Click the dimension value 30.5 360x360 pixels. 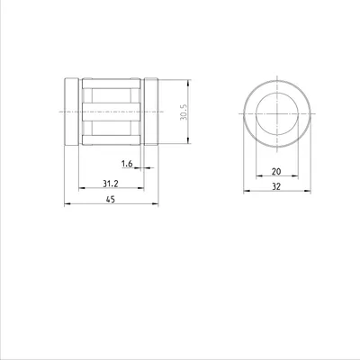click(x=184, y=112)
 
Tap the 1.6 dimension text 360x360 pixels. click(x=127, y=164)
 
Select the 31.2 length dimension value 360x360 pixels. click(x=111, y=184)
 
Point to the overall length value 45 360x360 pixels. click(x=111, y=199)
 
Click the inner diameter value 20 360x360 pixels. click(x=276, y=172)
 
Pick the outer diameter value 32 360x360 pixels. click(x=276, y=186)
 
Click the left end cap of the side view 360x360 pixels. click(x=72, y=112)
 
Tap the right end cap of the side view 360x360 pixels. click(x=151, y=112)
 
